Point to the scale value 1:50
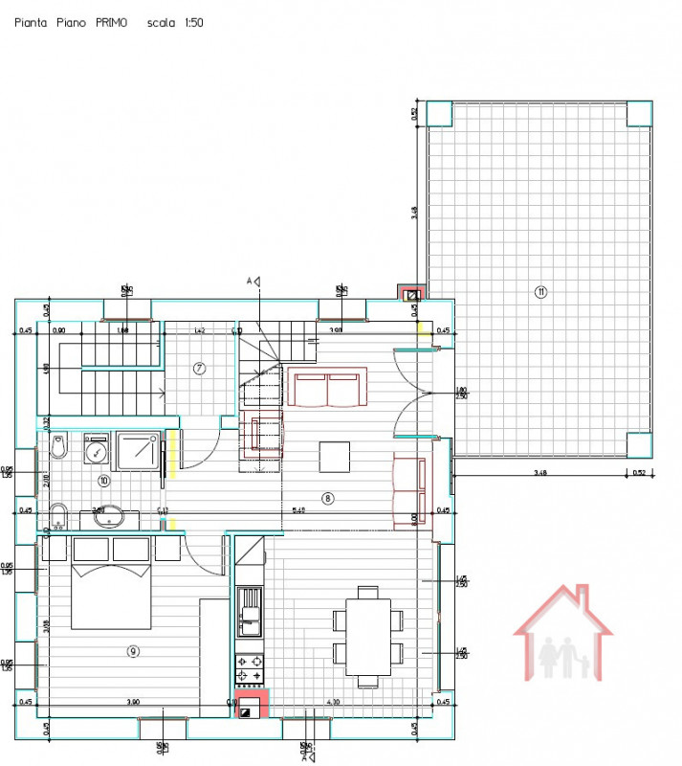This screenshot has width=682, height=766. (189, 21)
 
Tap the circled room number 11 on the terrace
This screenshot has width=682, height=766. (540, 292)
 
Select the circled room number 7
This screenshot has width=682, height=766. (200, 368)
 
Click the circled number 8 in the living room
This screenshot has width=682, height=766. (327, 497)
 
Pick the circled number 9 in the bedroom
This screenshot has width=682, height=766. (133, 651)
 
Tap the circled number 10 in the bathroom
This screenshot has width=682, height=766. (104, 481)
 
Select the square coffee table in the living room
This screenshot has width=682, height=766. (335, 456)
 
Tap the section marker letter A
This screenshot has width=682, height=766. (250, 281)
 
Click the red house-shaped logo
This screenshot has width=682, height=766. (563, 635)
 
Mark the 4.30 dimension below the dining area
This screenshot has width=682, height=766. (333, 703)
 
